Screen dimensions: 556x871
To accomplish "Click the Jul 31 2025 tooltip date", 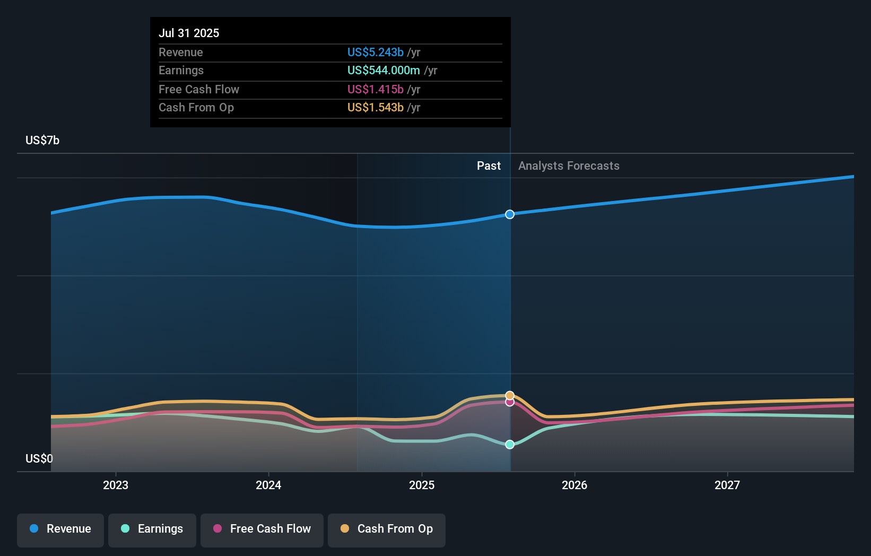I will (189, 33).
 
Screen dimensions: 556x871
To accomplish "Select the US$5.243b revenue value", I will (375, 52).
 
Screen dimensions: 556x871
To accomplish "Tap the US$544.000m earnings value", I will (384, 70).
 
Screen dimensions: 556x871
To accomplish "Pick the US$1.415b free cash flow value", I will (375, 89).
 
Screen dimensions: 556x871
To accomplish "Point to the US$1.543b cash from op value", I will (375, 107).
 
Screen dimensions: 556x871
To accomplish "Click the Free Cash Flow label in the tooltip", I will (199, 89).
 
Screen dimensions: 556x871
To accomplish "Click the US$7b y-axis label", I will (42, 140).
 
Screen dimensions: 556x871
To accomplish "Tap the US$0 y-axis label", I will (39, 458).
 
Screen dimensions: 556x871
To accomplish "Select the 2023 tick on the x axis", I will (116, 485).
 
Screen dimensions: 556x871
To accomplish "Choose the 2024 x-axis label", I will (268, 485).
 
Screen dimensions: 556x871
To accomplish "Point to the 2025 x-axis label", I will (422, 485).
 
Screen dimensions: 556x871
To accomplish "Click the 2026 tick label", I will (574, 485).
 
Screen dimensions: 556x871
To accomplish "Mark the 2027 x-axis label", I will (727, 485).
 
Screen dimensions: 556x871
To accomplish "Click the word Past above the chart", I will (489, 166).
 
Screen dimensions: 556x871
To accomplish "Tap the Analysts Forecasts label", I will (569, 166).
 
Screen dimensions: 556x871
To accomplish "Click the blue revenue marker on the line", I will (510, 214).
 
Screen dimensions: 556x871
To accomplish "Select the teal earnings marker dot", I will (510, 445).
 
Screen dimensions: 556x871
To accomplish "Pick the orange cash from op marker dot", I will (510, 395).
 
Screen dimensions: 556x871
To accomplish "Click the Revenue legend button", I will (60, 529).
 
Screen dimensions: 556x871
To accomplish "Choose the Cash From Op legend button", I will (387, 529).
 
